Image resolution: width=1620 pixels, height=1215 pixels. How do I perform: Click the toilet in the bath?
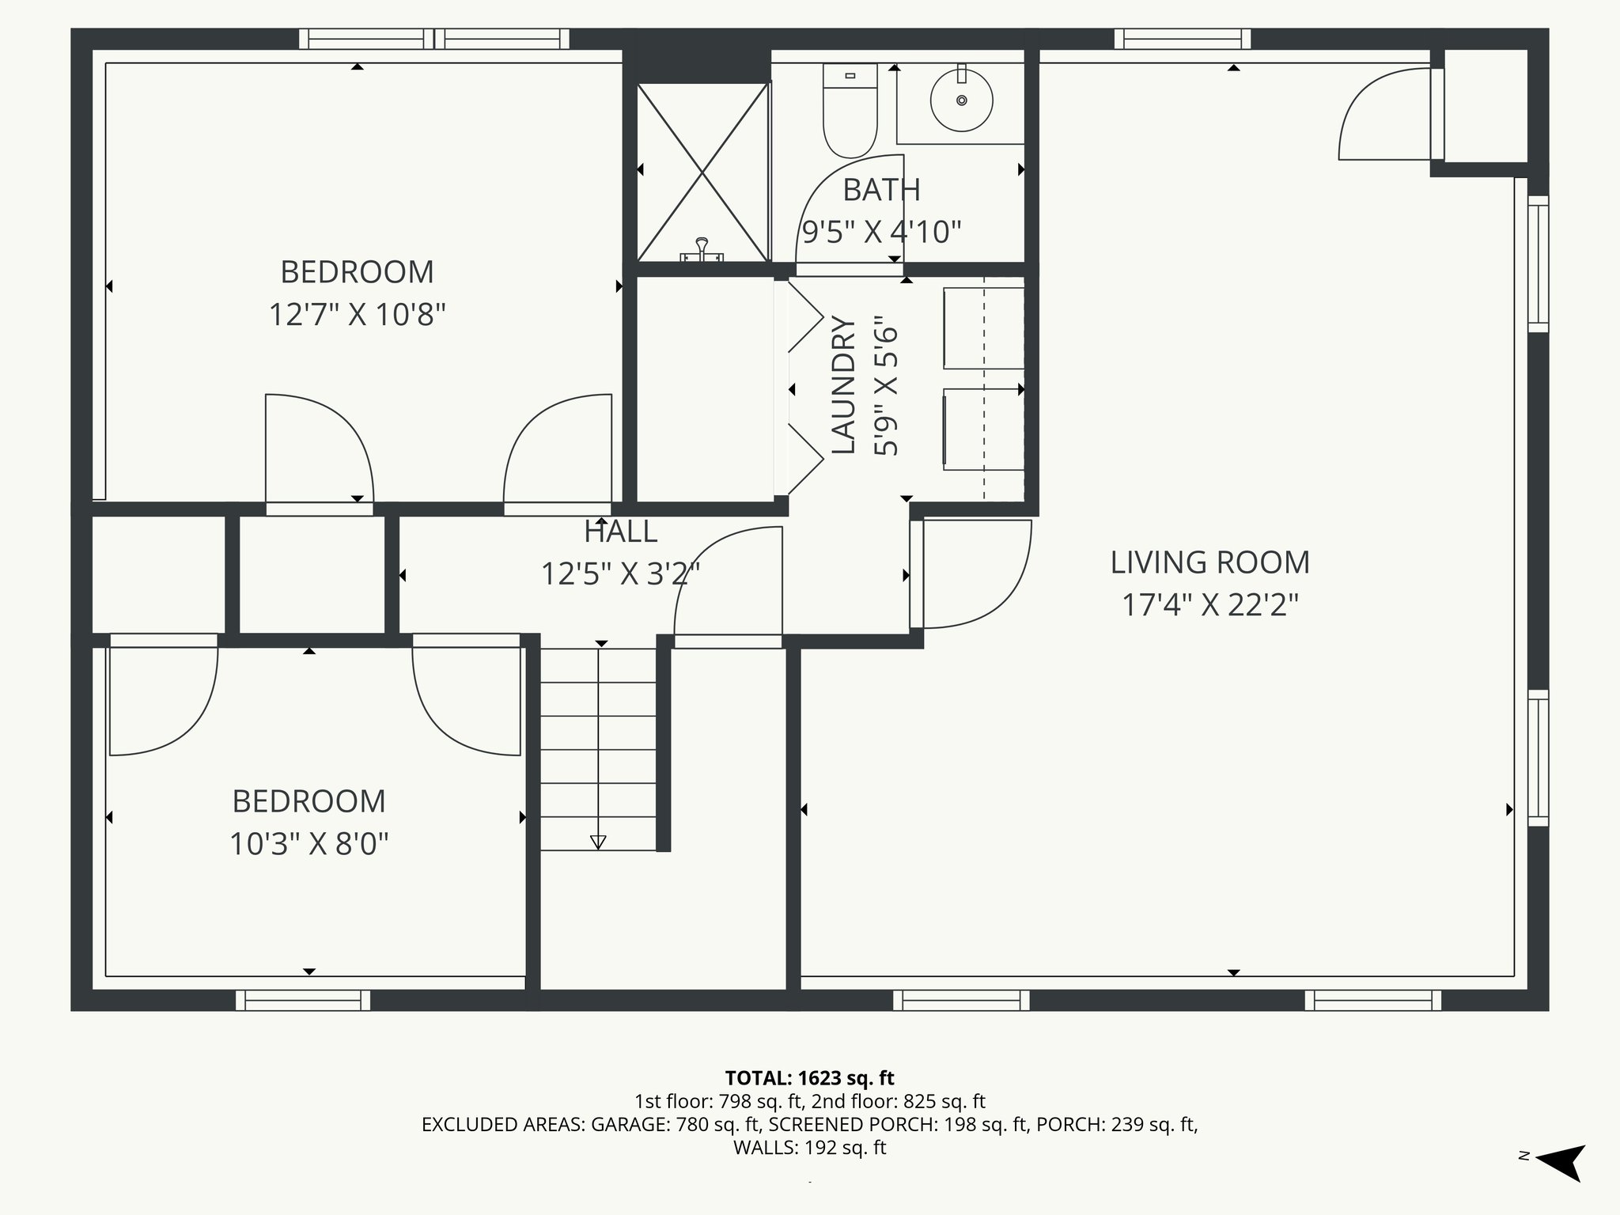(850, 111)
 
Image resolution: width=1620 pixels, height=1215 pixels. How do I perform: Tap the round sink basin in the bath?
(961, 100)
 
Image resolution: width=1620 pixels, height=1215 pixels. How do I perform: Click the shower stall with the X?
(702, 172)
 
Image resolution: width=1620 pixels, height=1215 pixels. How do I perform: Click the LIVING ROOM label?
(1209, 562)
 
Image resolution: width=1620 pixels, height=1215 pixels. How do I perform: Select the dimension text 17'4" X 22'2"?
(1209, 605)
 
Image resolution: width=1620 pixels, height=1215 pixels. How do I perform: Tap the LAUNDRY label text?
(844, 386)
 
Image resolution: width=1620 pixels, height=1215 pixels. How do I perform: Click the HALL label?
(620, 532)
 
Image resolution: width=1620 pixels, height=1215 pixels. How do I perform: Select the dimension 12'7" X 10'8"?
(357, 315)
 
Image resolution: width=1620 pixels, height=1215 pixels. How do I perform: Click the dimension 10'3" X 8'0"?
(308, 844)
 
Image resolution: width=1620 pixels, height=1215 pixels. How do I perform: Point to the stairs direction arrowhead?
(598, 842)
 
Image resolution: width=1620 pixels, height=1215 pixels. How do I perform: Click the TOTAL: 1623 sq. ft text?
(809, 1077)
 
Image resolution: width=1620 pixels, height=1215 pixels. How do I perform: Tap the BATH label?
(881, 190)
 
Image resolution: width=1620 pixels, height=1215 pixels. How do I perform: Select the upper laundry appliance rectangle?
(983, 328)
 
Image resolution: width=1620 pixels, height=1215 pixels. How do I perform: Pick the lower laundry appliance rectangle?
(983, 429)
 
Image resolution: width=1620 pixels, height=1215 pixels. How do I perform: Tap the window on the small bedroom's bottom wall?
(303, 1001)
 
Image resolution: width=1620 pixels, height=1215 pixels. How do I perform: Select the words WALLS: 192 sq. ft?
(809, 1148)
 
